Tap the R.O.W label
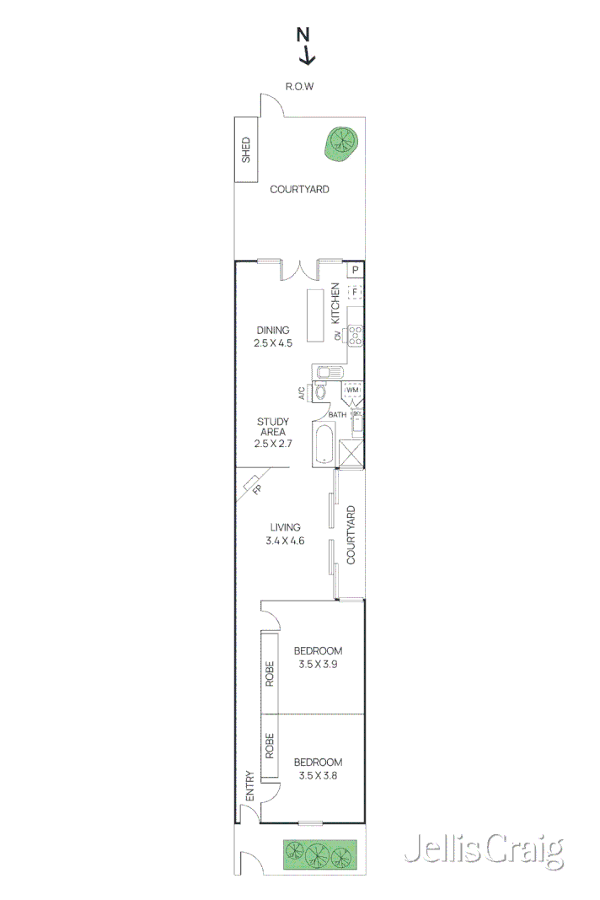pos(300,86)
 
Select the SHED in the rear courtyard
pos(246,149)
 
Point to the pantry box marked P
pos(356,270)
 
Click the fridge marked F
pos(355,292)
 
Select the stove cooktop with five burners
pos(356,336)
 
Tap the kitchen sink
pos(326,372)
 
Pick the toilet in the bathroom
pos(320,392)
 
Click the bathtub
pos(323,444)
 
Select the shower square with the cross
pos(351,453)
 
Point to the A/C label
pos(301,393)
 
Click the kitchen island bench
pos(315,315)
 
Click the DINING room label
pos(272,330)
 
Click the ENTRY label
pos(249,786)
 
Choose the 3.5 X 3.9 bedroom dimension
pos(318,665)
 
